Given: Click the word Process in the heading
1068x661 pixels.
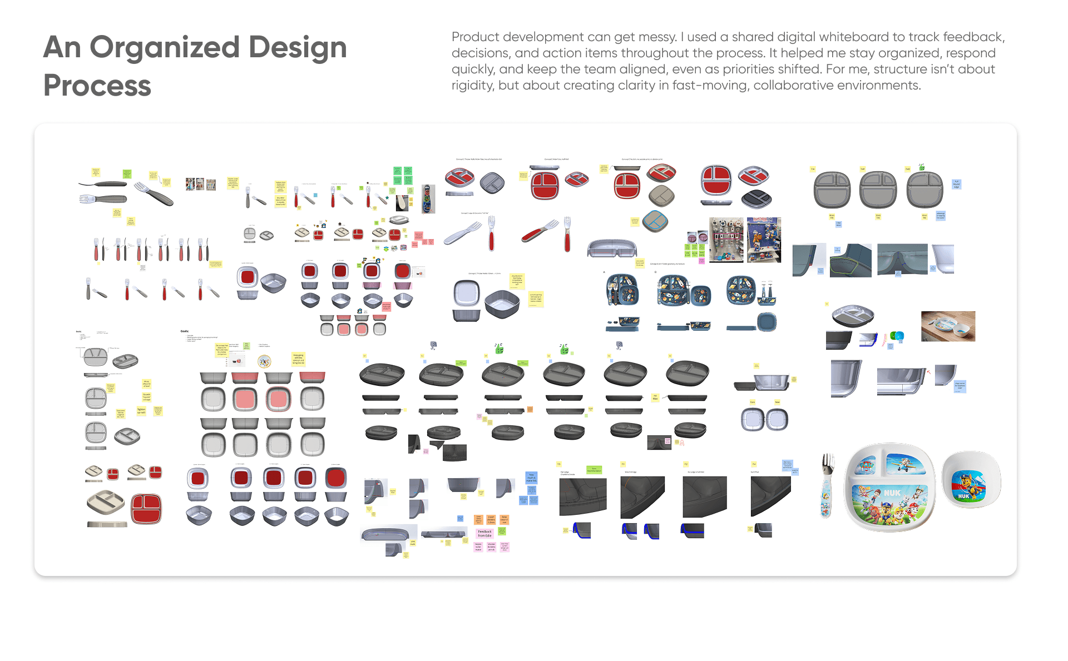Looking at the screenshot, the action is click(97, 86).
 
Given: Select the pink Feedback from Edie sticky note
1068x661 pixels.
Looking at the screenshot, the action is click(484, 533).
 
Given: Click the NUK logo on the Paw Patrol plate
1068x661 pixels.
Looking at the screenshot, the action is click(892, 493).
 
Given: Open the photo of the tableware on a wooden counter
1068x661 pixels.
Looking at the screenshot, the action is click(948, 326).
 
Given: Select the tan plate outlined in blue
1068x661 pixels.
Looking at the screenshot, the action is click(655, 221).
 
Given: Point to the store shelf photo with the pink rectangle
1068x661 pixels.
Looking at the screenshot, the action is click(725, 240).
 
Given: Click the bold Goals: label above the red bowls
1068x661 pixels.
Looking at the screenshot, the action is click(185, 331).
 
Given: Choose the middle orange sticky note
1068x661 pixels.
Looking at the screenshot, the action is click(491, 519).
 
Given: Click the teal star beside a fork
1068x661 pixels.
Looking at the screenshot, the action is click(387, 197).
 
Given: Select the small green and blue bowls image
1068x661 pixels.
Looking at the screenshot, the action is click(897, 336).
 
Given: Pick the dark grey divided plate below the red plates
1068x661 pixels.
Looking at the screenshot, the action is click(755, 197).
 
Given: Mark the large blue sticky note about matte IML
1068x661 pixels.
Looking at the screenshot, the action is click(531, 478).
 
